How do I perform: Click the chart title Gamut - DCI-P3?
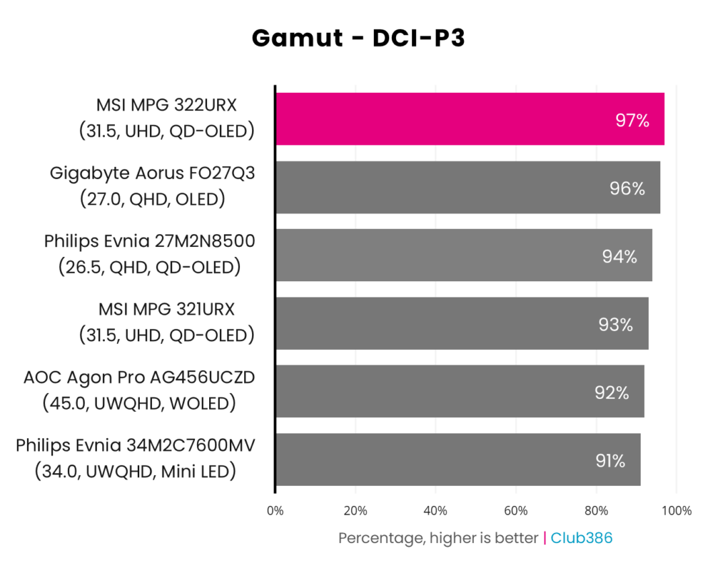tap(358, 38)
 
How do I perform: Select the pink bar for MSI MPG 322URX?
tap(469, 119)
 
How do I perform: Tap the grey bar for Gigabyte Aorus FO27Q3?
tap(467, 187)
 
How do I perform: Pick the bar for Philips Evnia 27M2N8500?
tap(463, 255)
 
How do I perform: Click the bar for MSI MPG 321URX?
tap(461, 323)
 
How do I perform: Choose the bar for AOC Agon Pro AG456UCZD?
tap(459, 392)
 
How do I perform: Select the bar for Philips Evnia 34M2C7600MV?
tap(457, 460)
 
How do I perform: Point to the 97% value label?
tap(632, 120)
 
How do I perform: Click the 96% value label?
tap(627, 188)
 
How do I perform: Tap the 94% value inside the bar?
tap(619, 256)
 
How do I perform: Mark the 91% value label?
tap(610, 461)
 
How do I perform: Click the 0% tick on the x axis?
tap(275, 511)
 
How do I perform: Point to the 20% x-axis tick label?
tap(355, 511)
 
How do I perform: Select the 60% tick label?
tap(516, 511)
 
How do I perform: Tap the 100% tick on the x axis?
tap(676, 511)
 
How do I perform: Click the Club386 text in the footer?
tap(582, 538)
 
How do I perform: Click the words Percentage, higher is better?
tap(438, 538)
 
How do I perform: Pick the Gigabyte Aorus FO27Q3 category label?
tap(153, 174)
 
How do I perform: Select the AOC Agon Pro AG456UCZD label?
tap(139, 377)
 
